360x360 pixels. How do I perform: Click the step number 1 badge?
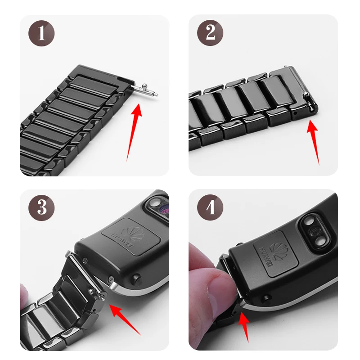pos(41,33)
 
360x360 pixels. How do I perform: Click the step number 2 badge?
pos(210,32)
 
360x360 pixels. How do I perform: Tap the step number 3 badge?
pos(41,208)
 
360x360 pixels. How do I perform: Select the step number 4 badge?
pos(210,207)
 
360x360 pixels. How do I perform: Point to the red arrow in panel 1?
pos(134,132)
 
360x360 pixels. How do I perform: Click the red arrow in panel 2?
pos(314,142)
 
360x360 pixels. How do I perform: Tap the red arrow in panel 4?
pos(244,327)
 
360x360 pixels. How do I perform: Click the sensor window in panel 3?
pos(158,206)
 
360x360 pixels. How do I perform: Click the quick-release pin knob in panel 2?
pos(306,94)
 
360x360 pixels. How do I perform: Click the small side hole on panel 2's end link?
pos(296,113)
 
